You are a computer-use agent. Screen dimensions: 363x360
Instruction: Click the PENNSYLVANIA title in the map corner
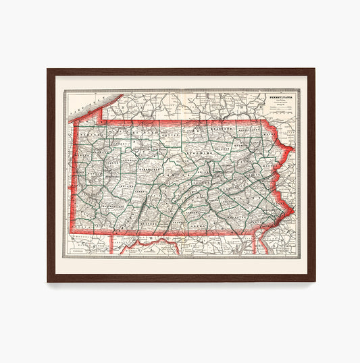[284, 96]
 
